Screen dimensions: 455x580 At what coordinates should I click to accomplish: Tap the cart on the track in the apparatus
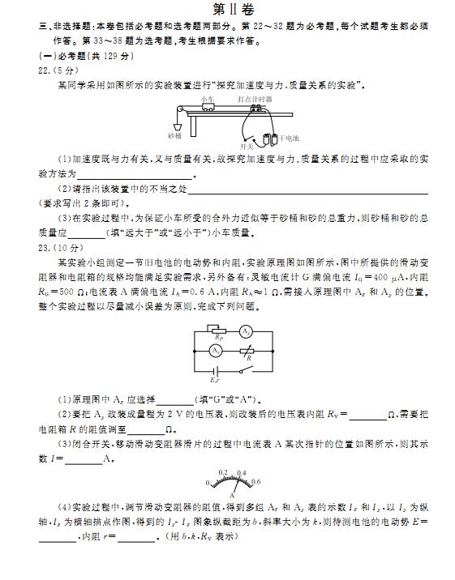click(209, 106)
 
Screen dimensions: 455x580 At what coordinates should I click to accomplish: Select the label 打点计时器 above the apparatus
click(255, 99)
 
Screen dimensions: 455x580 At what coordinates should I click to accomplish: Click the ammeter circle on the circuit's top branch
click(247, 332)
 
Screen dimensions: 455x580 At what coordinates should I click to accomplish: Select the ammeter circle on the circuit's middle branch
click(216, 351)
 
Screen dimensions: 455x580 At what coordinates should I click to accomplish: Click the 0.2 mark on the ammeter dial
click(223, 471)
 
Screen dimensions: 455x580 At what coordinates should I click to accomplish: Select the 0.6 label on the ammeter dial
click(256, 482)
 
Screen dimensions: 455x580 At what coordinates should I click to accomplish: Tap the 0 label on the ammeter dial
click(208, 483)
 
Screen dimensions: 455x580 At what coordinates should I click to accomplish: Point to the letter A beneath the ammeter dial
click(232, 493)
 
